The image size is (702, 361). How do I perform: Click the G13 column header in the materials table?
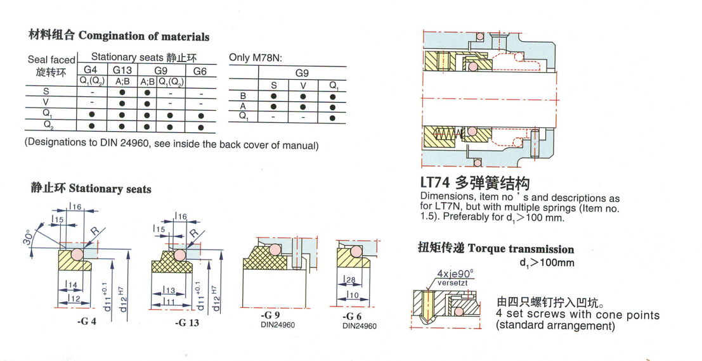(122, 70)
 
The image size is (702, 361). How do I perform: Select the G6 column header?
(200, 71)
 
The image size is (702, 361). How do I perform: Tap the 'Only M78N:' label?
(255, 58)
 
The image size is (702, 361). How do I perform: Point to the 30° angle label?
(27, 237)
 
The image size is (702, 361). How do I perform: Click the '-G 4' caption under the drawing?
(86, 322)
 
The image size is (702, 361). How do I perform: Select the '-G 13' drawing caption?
(186, 322)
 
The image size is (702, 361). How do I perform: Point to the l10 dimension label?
(353, 294)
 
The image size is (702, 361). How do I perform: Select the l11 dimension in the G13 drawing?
(169, 302)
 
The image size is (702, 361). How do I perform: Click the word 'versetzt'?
(452, 282)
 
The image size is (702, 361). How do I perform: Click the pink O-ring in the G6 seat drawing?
(356, 251)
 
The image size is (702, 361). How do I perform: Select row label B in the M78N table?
(243, 96)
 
